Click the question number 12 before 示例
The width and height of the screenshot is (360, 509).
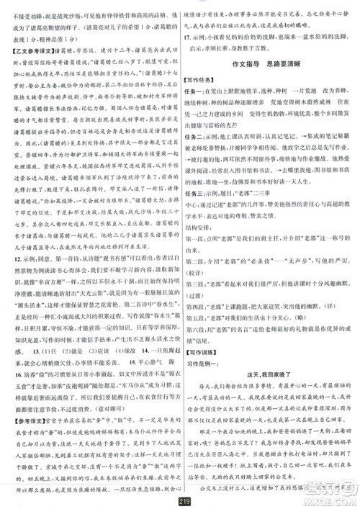pos(13,235)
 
